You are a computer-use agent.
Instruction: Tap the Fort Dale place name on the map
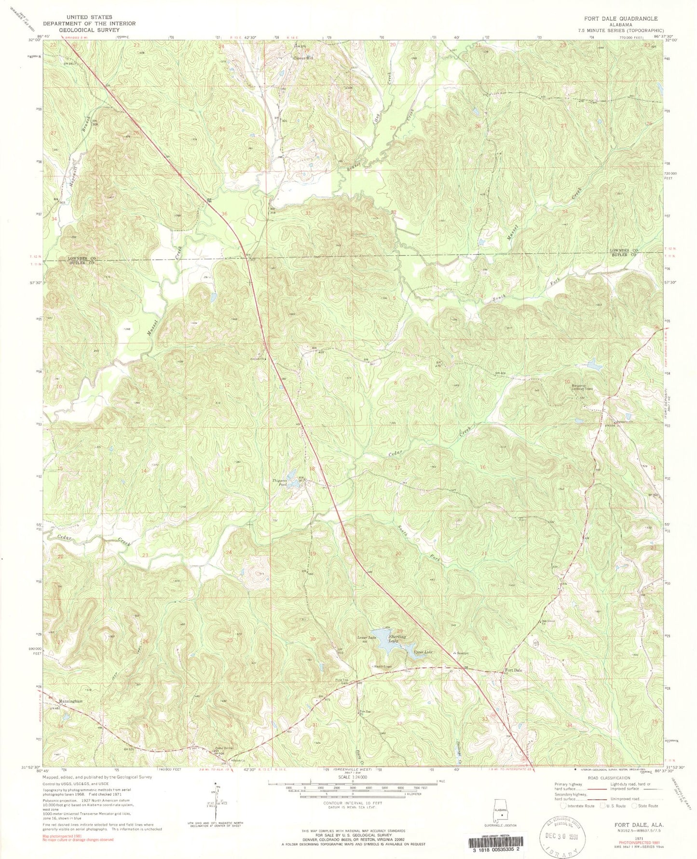513,670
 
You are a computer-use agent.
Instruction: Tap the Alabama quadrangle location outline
502,811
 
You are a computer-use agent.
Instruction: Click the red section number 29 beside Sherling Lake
399,631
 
